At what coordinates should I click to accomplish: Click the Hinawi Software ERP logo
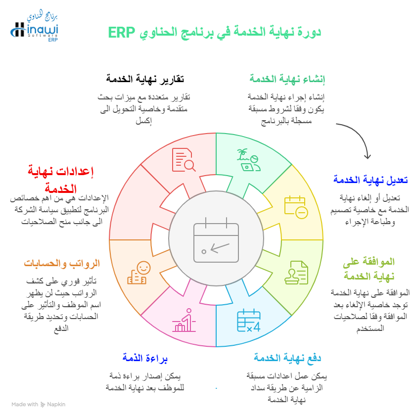coord(34,26)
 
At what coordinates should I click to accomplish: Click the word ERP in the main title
coord(122,33)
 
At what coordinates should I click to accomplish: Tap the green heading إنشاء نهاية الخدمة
coord(287,79)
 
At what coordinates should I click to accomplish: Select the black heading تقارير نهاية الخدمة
coord(145,79)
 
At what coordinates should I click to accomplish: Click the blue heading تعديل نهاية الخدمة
coord(370,180)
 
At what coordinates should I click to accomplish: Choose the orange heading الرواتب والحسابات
coord(62,263)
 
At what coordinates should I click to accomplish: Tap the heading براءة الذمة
coord(145,358)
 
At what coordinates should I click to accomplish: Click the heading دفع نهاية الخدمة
coord(287,358)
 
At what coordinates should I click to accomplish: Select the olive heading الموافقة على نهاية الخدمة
coord(369,269)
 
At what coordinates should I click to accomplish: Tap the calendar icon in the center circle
coord(216,240)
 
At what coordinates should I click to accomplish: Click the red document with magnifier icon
coord(184,160)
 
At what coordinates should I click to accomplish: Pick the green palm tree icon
coord(249,160)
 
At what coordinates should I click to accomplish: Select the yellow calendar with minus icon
coord(296,207)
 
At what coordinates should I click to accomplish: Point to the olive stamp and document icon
coord(296,273)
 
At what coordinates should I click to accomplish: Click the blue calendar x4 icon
coord(249,320)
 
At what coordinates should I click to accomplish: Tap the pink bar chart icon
coord(184,320)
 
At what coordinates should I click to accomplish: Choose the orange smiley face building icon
coord(139,273)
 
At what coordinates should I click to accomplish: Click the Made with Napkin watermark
coord(39,405)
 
